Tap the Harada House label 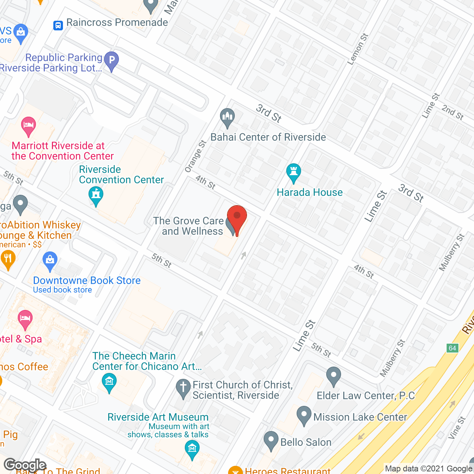coord(310,193)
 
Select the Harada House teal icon coord(294,173)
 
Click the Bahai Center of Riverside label coord(268,137)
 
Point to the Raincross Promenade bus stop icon coord(58,25)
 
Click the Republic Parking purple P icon coord(111,60)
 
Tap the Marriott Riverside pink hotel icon coord(29,126)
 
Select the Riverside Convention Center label coord(121,175)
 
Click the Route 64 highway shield coord(453,348)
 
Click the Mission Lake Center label coord(360,417)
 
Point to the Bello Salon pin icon coord(271,441)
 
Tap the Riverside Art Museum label coord(158,417)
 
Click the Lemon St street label coord(358,49)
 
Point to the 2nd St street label coord(453,112)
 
